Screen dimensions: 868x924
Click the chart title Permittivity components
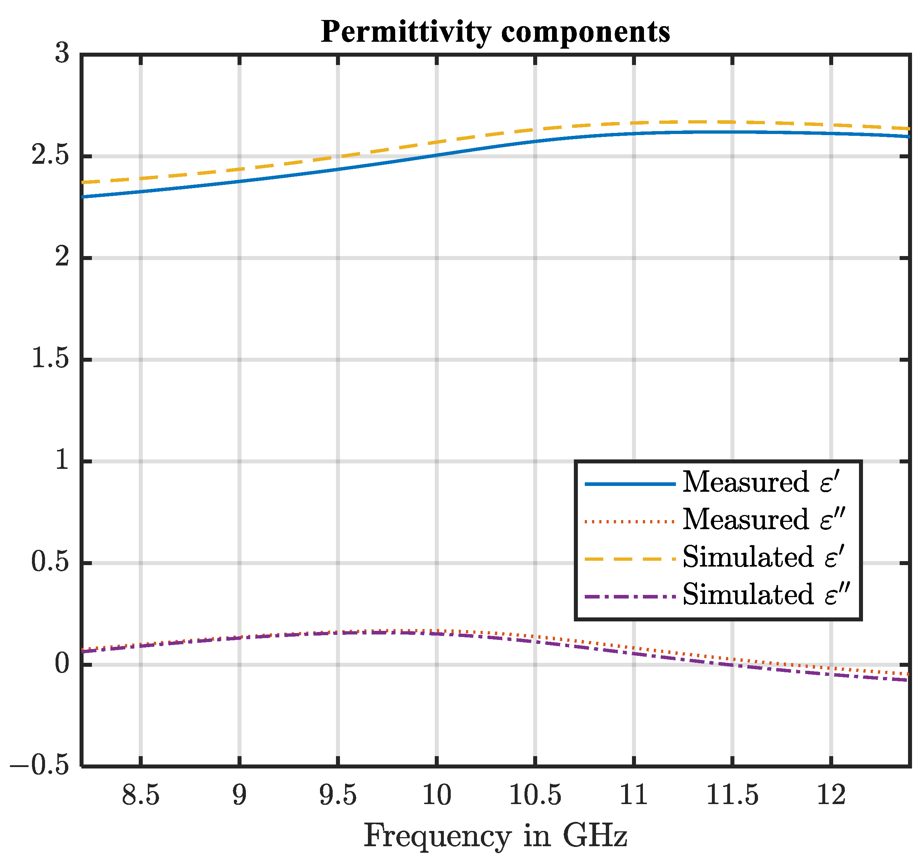click(495, 32)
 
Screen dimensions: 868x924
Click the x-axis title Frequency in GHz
click(495, 835)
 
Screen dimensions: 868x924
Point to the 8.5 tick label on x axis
click(141, 795)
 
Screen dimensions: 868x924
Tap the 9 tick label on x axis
click(239, 795)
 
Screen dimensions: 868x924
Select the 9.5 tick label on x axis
click(338, 795)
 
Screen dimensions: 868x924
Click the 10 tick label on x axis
click(437, 795)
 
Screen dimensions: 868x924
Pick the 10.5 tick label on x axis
click(535, 795)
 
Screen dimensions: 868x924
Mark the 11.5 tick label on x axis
click(733, 795)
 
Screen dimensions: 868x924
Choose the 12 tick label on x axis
click(831, 795)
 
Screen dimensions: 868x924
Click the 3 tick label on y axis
click(62, 53)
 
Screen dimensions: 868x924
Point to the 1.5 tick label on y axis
click(50, 359)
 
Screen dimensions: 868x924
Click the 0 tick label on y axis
click(62, 664)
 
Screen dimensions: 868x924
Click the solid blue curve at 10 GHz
click(437, 155)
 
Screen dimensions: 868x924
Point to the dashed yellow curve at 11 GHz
click(634, 123)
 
